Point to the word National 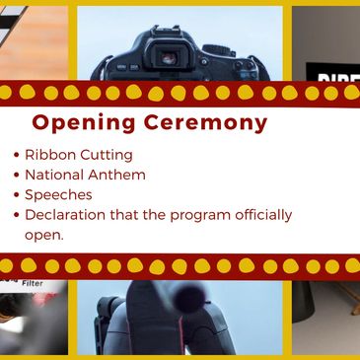coord(56,175)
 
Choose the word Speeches coord(59,194)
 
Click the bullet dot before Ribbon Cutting coord(16,156)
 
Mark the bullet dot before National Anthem coord(16,176)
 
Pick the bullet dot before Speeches coord(16,195)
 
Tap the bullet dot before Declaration coord(16,215)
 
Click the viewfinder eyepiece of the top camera coord(170,56)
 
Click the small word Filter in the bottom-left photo coord(22,283)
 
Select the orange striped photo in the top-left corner coord(34,39)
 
